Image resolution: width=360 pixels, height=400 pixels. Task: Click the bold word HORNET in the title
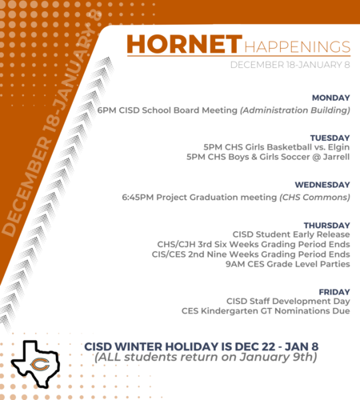coord(184,44)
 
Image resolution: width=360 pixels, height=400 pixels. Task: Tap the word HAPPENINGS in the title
coord(297,47)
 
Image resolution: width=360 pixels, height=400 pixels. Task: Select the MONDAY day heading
coord(331,98)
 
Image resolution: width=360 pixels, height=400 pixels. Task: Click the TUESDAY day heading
coord(330,138)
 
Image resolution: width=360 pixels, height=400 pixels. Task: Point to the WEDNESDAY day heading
coord(322,185)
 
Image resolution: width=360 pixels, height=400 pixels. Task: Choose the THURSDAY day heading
coord(326,226)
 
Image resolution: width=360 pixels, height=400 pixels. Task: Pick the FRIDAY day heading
coord(334,292)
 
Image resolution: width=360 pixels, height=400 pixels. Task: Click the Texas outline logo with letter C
coord(34,364)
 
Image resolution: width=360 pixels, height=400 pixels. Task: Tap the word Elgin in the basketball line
coord(338,147)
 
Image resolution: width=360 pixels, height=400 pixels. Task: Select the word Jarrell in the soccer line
coord(336,157)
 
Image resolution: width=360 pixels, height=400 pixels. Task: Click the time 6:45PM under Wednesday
coord(138,198)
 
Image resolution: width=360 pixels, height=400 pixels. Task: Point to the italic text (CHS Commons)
coord(314,198)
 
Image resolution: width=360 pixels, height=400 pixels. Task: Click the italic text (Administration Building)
coord(295,110)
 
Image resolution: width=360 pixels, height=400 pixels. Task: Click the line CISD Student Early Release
coord(291,234)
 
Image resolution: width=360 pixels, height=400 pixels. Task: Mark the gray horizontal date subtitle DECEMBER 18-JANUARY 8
coord(290,65)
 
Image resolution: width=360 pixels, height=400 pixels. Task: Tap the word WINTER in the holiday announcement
coord(138,346)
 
